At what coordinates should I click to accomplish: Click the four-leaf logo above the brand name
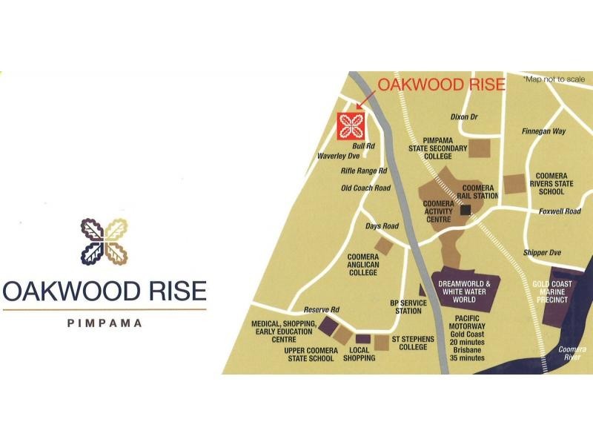point(105,242)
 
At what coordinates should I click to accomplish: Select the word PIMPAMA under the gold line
point(105,323)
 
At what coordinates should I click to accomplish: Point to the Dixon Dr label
point(465,117)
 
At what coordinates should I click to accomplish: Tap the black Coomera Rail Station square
point(465,211)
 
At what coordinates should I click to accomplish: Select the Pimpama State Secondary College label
point(445,148)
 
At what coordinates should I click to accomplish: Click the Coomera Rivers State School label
point(551,184)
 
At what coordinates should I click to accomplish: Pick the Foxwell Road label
point(560,211)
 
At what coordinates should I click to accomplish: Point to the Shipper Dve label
point(542,253)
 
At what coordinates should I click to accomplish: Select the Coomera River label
point(572,353)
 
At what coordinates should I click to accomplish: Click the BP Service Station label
point(408,307)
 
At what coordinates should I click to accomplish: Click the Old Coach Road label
point(365,188)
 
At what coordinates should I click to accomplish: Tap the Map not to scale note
point(553,79)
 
